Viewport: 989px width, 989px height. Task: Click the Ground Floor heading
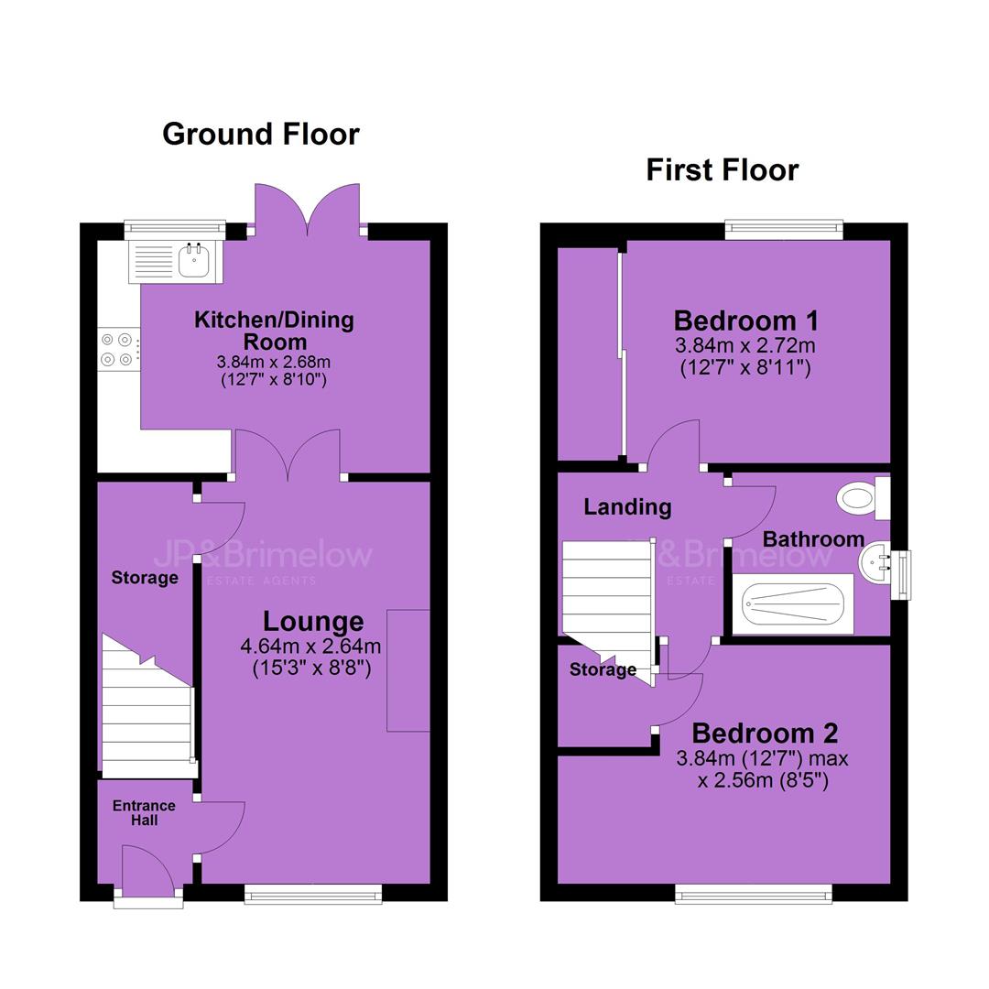click(260, 135)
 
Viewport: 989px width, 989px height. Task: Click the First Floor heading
click(723, 170)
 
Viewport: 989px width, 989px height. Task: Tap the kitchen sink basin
click(193, 260)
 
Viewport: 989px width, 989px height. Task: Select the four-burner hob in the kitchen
click(118, 350)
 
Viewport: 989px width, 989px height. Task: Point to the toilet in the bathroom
click(863, 497)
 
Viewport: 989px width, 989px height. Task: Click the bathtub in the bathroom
click(793, 603)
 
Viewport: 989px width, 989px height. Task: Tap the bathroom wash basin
click(875, 562)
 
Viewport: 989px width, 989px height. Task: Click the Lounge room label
click(313, 621)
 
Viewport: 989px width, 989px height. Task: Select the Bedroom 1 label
click(745, 321)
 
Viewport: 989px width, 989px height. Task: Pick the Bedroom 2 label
click(765, 733)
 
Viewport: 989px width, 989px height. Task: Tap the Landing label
click(627, 507)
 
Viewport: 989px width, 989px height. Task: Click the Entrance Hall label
click(144, 813)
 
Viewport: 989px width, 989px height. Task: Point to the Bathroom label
click(813, 539)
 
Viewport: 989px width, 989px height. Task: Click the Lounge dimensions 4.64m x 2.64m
click(310, 646)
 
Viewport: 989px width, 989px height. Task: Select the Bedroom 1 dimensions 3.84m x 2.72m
click(744, 345)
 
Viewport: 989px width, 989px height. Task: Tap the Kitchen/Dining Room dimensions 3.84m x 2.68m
click(273, 362)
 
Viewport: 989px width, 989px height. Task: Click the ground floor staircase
click(147, 706)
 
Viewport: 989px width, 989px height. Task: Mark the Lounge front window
click(313, 893)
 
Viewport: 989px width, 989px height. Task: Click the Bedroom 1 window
click(783, 230)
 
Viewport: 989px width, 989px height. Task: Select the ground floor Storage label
click(145, 578)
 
